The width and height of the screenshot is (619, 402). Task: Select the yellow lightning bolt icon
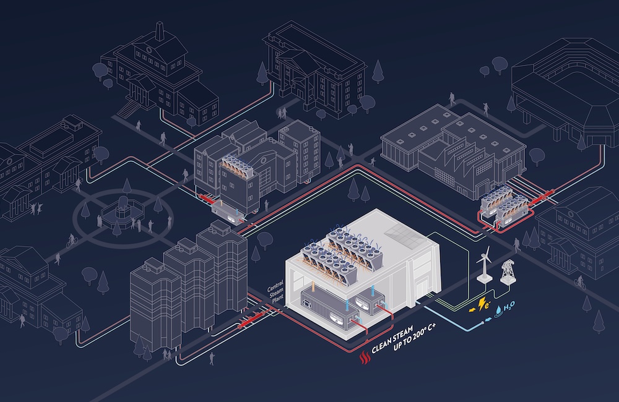(x=482, y=304)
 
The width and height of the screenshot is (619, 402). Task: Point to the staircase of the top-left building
(x=127, y=108)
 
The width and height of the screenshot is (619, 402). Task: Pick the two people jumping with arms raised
(x=35, y=208)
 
